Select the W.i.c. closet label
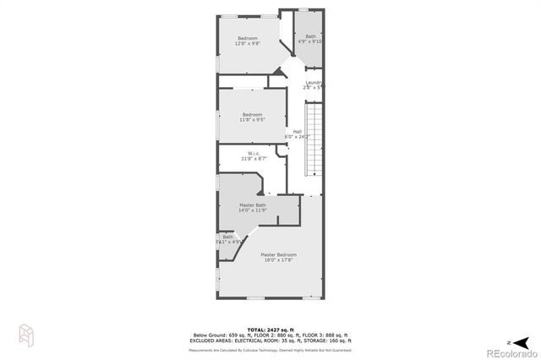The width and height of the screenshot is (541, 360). click(x=253, y=153)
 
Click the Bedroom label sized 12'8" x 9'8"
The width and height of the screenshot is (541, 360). click(x=248, y=38)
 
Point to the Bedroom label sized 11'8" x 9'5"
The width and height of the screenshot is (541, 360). click(x=253, y=114)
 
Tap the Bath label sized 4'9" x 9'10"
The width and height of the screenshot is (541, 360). click(x=310, y=36)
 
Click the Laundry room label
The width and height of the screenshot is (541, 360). click(x=314, y=82)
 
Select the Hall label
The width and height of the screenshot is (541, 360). click(x=298, y=131)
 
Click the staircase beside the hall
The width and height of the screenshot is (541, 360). click(x=314, y=139)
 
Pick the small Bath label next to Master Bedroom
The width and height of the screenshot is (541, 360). click(x=227, y=237)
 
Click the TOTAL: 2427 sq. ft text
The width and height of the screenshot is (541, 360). click(x=270, y=329)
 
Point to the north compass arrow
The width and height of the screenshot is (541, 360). click(x=522, y=341)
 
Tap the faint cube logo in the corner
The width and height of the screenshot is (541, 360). click(x=25, y=335)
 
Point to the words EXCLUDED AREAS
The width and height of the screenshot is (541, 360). click(x=212, y=340)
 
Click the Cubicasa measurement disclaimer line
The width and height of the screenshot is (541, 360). click(x=270, y=349)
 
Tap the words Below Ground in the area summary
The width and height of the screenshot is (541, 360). click(x=207, y=335)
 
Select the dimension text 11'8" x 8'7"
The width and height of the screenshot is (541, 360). click(x=253, y=158)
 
